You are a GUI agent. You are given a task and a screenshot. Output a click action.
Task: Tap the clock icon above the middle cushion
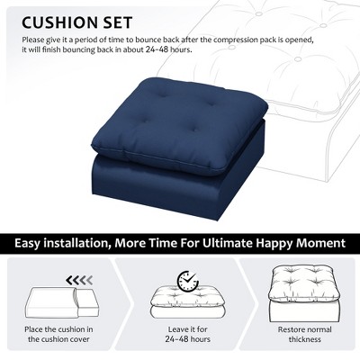[188, 281]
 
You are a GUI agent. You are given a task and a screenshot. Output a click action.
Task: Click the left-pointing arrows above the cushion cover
[79, 281]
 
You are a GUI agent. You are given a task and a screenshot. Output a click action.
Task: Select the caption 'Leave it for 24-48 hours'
[188, 334]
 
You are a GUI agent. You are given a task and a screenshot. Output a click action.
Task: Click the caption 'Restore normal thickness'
[305, 334]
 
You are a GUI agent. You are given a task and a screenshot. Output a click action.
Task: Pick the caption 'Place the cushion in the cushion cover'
[58, 334]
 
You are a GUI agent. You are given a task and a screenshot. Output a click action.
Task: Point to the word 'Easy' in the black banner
[27, 243]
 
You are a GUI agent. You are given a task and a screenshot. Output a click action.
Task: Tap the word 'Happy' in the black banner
[274, 244]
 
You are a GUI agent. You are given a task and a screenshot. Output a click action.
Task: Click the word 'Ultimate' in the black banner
[227, 243]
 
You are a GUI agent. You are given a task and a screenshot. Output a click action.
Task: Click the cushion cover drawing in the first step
[62, 303]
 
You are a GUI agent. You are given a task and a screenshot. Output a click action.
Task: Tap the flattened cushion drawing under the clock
[188, 303]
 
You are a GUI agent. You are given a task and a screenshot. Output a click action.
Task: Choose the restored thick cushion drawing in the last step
[305, 294]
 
